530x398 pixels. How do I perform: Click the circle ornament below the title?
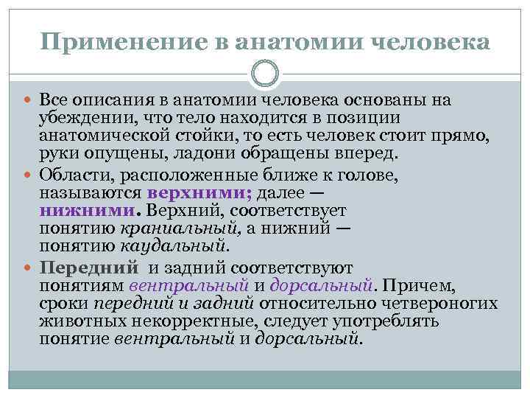point(265,72)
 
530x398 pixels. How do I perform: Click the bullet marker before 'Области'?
point(31,174)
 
